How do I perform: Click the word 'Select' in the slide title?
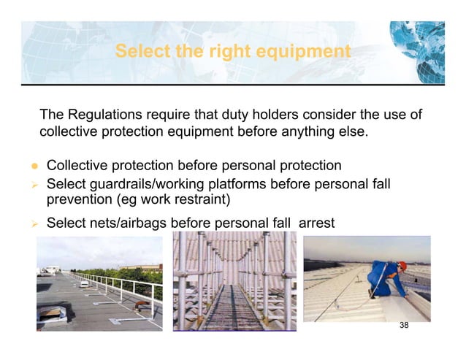pyautogui.click(x=141, y=52)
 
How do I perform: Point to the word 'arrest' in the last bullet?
pyautogui.click(x=316, y=221)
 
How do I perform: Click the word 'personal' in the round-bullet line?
pyautogui.click(x=246, y=166)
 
